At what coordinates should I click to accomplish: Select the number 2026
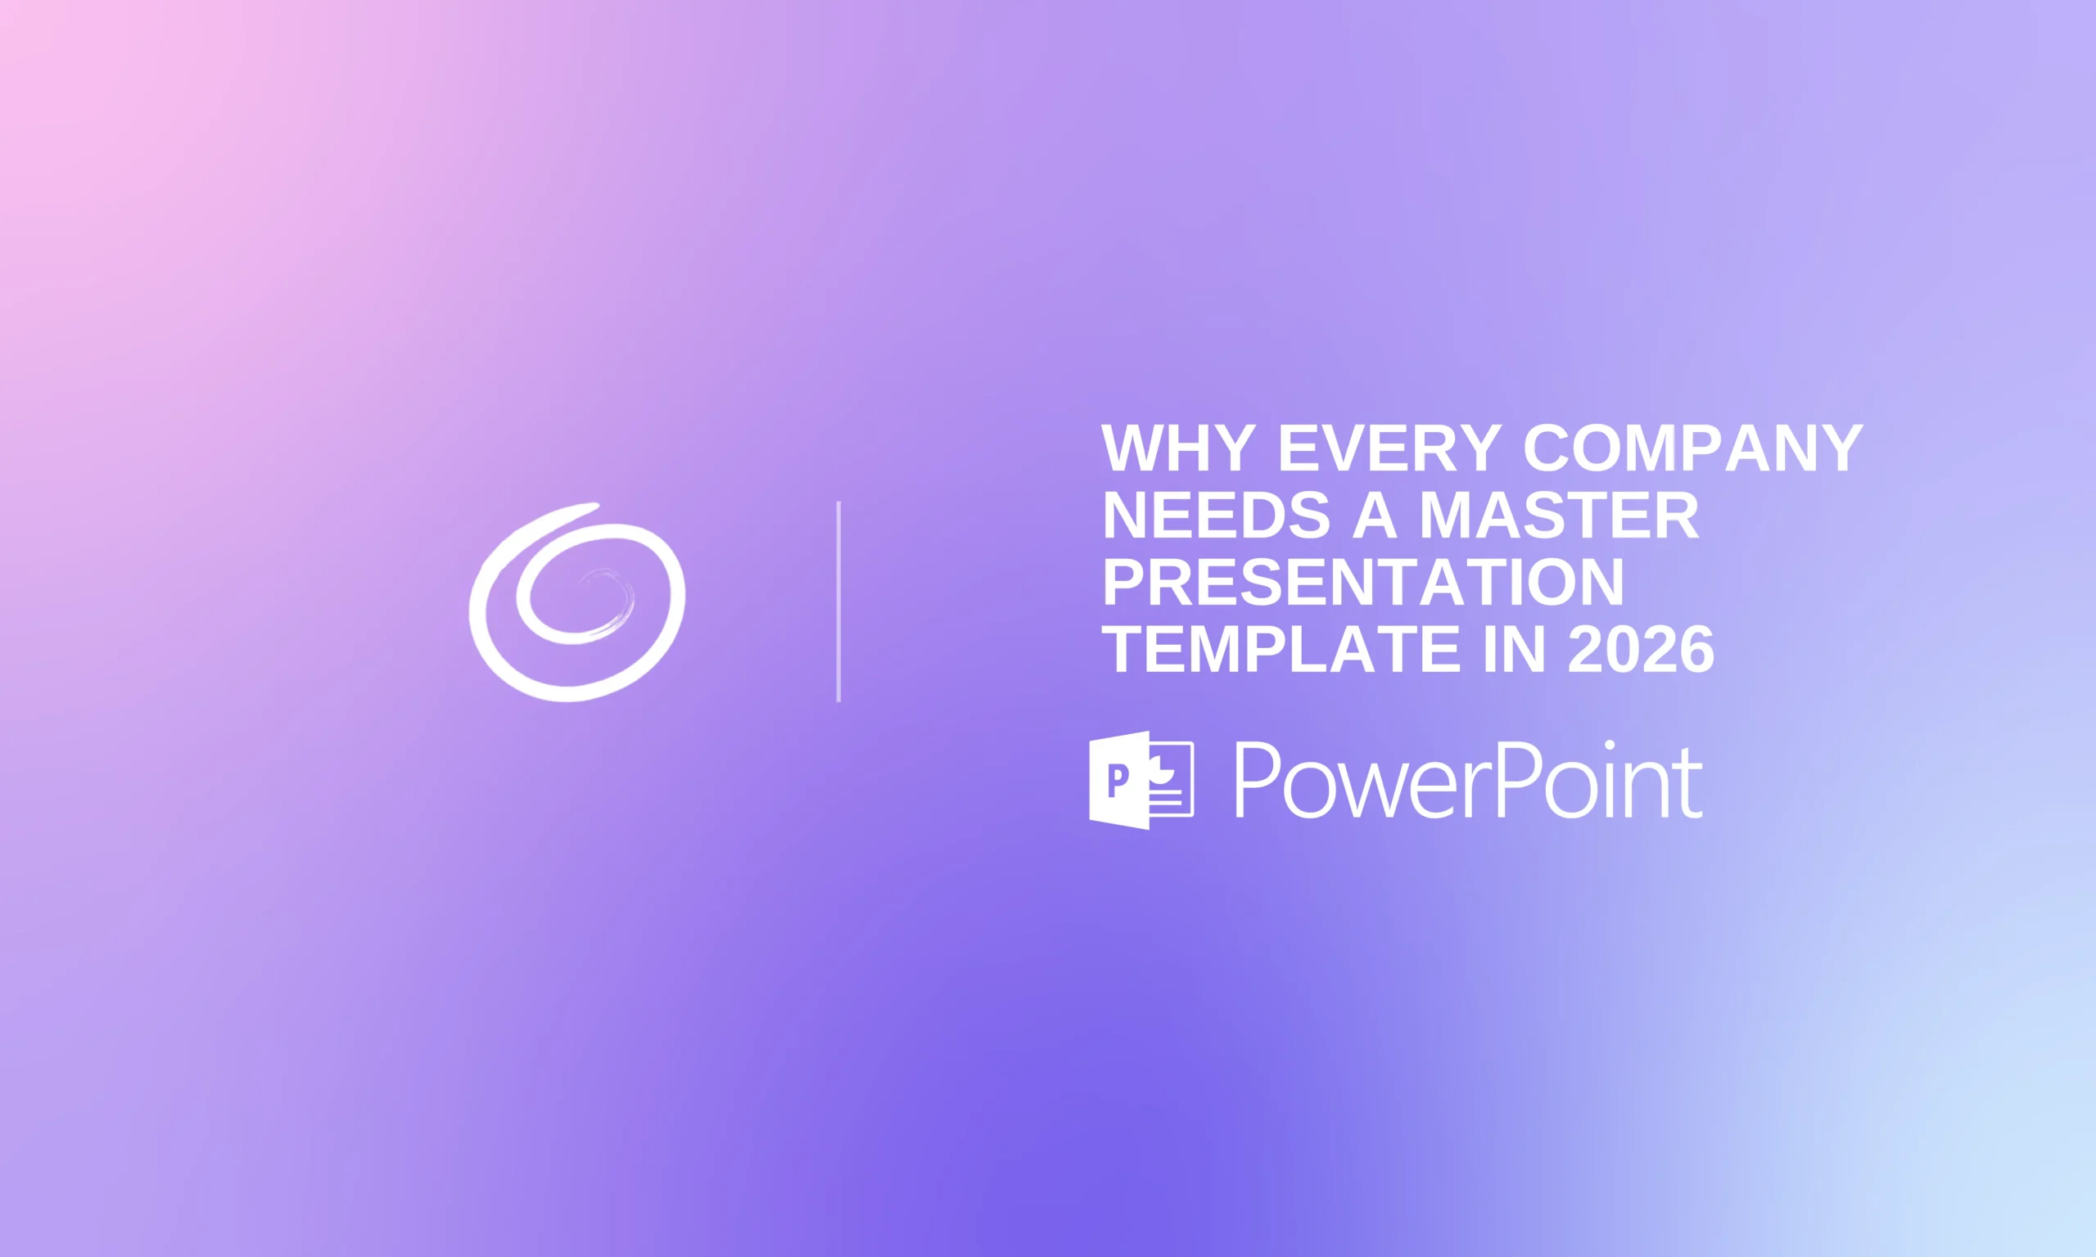[x=1641, y=650]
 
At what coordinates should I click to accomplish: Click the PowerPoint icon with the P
[x=1141, y=780]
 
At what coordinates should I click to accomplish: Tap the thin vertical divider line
[x=838, y=601]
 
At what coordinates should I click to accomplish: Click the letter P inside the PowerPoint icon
[x=1118, y=780]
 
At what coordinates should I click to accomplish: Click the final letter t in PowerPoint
[x=1692, y=783]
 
